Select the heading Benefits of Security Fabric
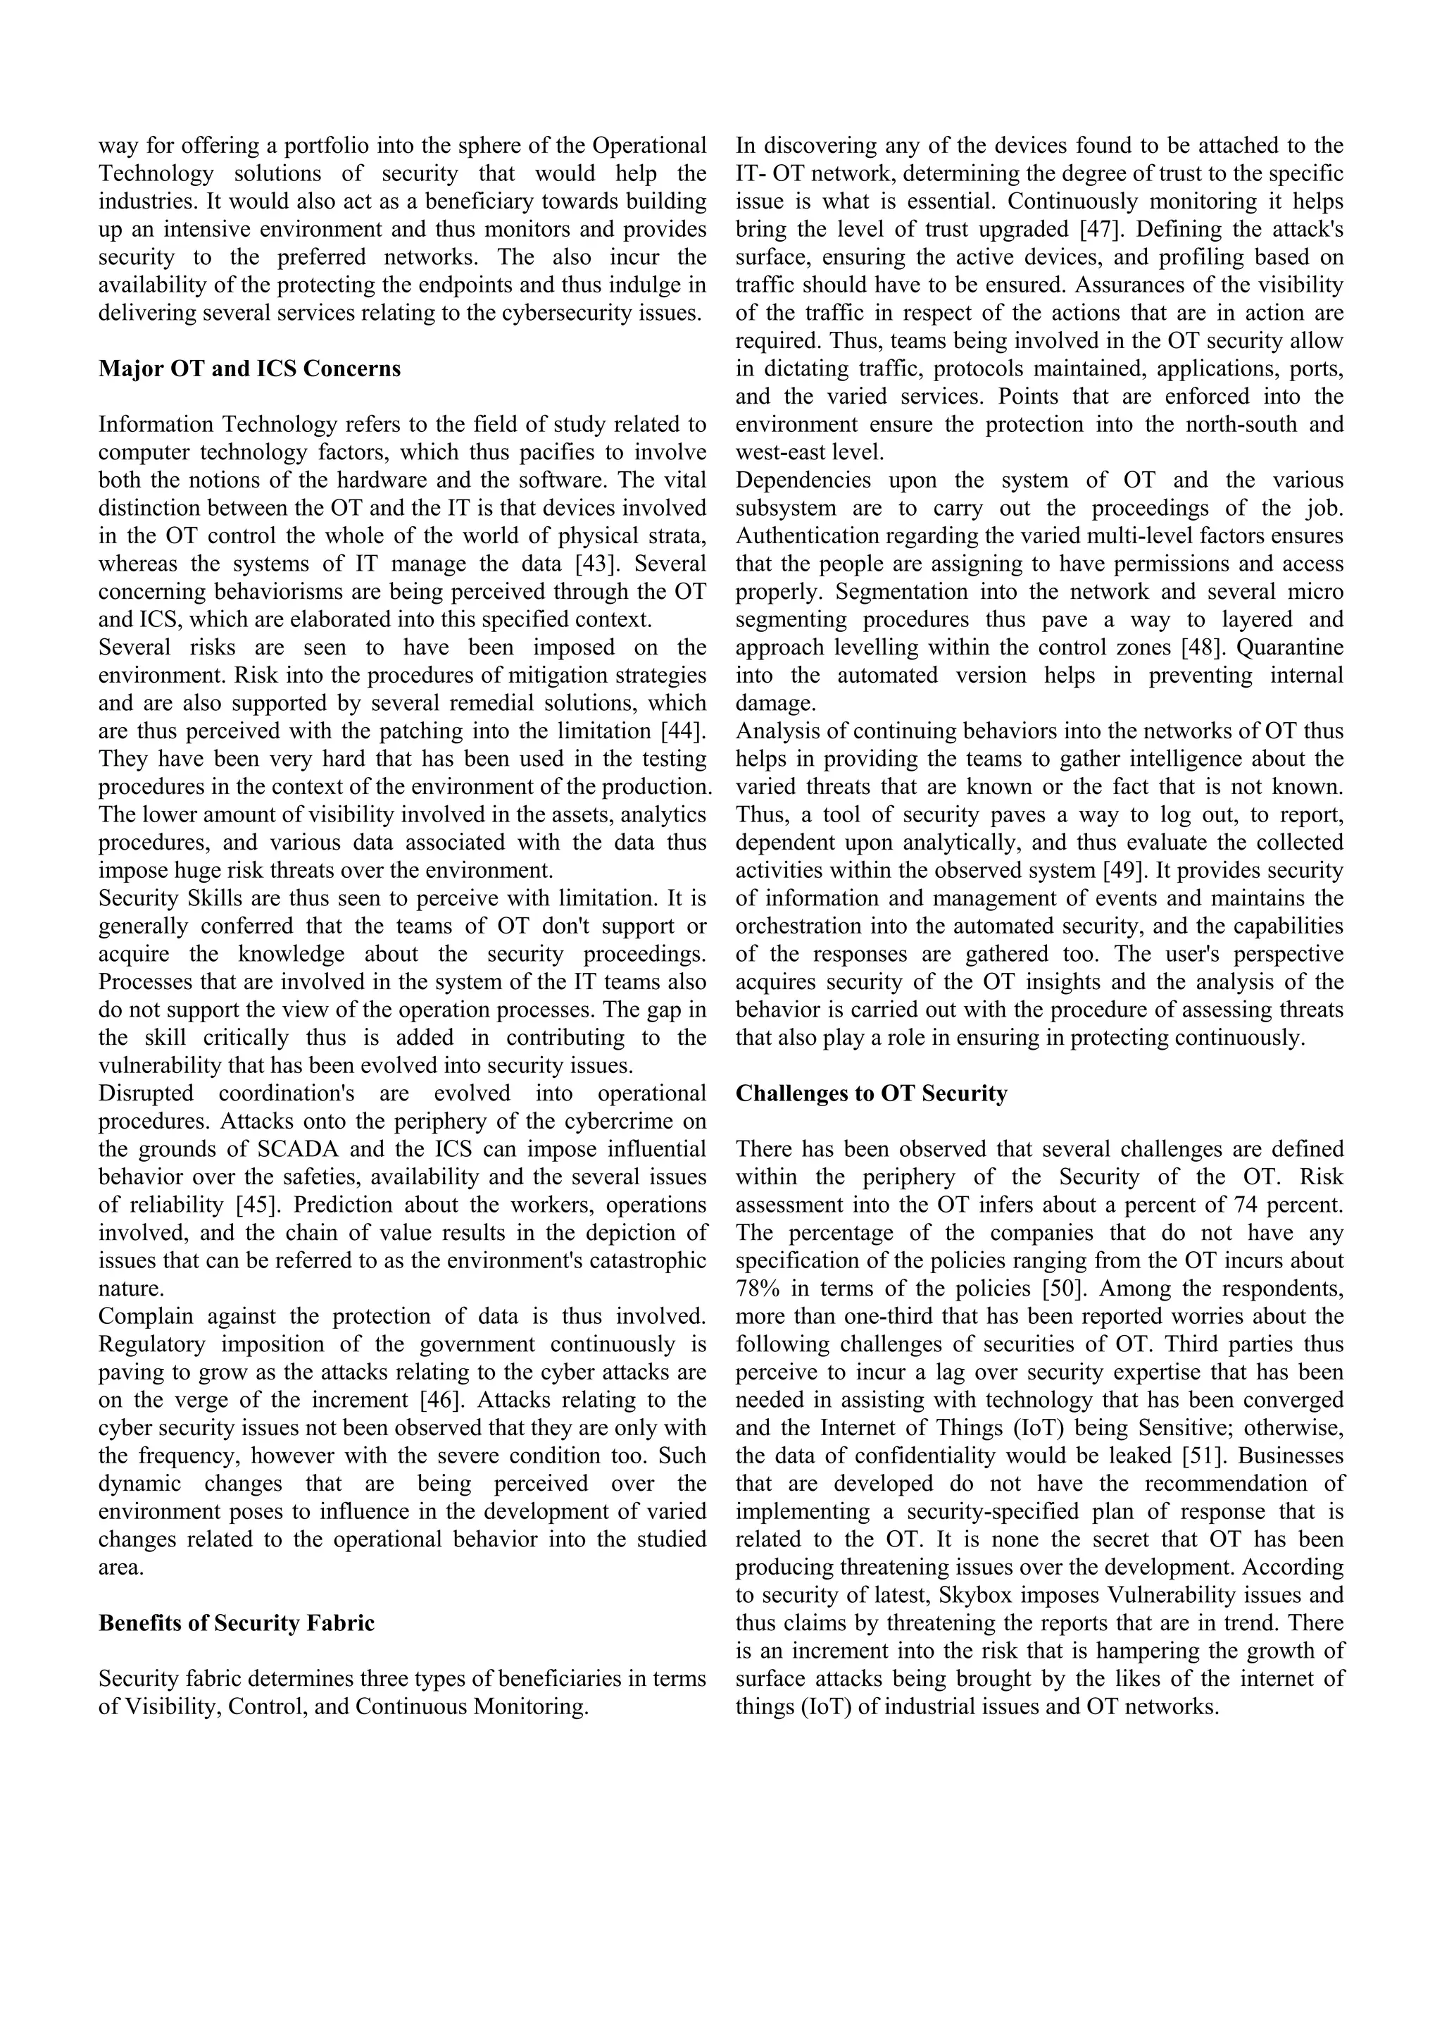coord(237,1623)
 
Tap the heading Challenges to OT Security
coord(871,1093)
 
